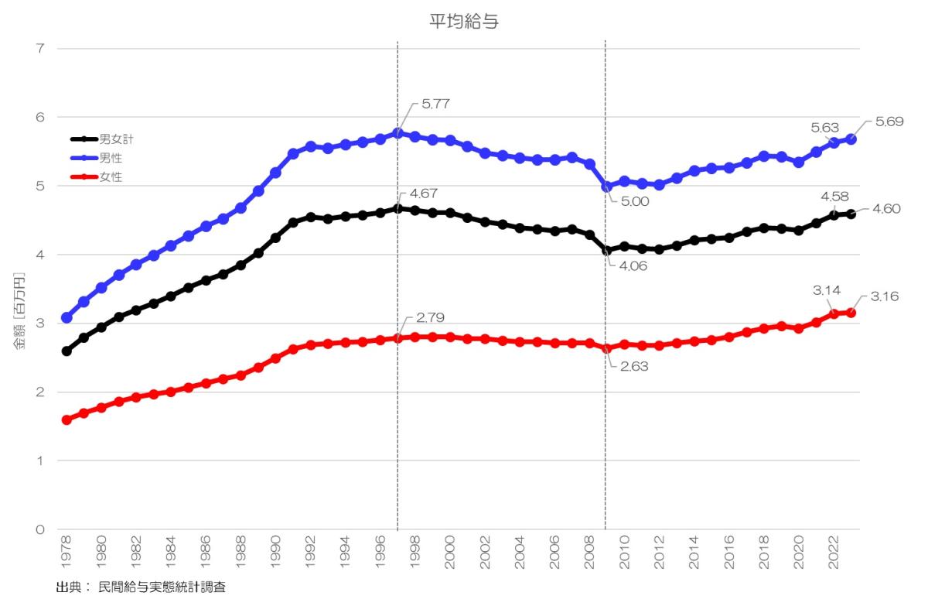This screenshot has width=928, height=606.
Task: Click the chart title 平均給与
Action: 464,22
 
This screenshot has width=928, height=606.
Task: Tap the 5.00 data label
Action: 633,203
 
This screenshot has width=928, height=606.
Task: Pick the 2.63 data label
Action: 633,366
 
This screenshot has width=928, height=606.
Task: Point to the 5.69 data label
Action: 889,122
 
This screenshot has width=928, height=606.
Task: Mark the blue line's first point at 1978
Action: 67,317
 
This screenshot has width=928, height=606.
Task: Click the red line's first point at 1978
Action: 67,419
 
